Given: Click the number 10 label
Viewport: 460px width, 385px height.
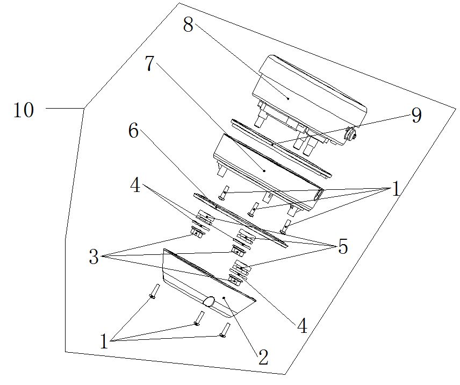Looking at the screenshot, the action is point(24,110).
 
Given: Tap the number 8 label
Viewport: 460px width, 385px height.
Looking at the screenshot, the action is point(188,24).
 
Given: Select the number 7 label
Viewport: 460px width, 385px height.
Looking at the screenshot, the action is point(149,63).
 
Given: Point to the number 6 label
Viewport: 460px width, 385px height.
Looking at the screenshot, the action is point(133,131).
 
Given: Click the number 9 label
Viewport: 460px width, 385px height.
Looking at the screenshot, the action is point(416,115).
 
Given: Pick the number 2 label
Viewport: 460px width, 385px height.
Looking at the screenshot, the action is point(263,357).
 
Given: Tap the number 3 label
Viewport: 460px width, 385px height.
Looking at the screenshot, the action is point(94,257).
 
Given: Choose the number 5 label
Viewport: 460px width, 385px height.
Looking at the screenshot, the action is point(343,246).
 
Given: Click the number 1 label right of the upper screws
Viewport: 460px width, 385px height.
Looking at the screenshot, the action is point(396,189).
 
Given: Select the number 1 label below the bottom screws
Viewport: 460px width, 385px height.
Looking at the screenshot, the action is point(104,341).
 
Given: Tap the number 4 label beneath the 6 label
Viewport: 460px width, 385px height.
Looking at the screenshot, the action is point(135,186).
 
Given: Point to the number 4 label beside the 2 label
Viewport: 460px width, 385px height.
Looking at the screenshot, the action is point(302,326).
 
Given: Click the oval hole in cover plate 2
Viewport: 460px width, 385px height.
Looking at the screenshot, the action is point(209,301).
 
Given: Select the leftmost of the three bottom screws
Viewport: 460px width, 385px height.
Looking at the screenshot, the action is point(155,291).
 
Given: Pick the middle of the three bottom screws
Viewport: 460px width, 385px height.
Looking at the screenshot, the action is point(199,318).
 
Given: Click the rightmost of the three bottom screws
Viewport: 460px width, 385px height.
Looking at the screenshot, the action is point(225,330).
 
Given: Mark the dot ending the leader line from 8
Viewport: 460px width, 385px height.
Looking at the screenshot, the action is point(288,98).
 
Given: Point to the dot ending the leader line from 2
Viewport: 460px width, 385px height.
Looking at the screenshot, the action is point(224,297).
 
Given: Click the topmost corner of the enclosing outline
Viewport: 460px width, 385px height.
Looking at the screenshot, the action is point(179,3).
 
